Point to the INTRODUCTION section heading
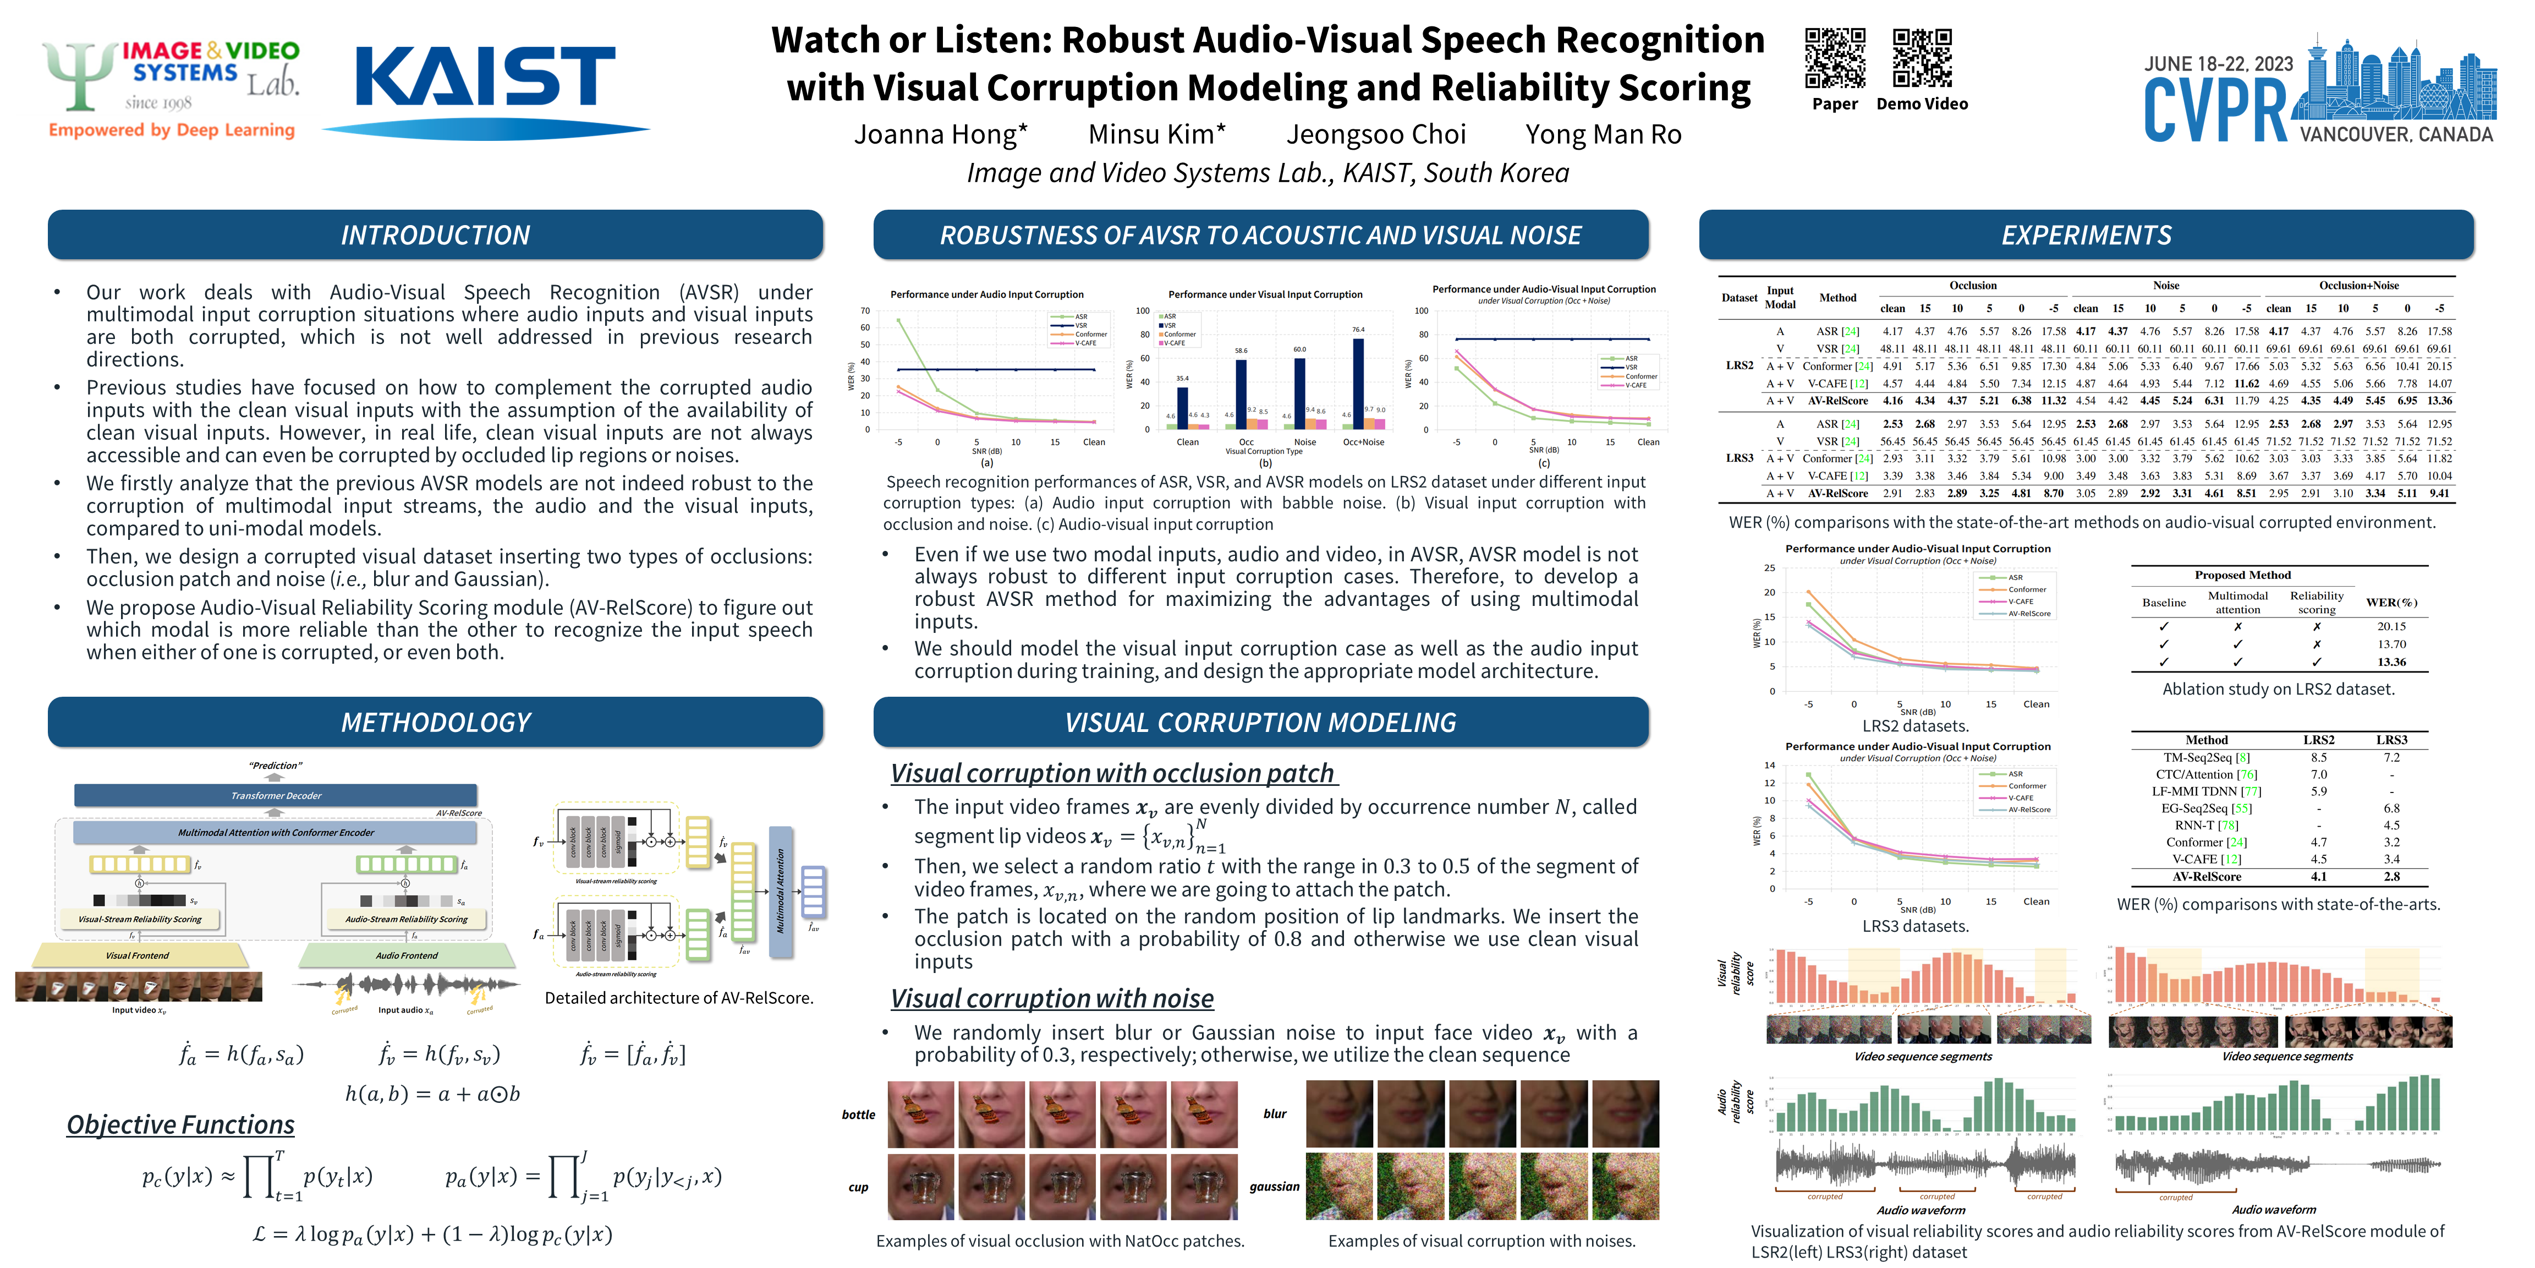point(435,236)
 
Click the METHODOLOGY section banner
point(435,723)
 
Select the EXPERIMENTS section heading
point(2086,236)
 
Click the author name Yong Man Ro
point(1603,135)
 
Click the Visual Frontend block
point(138,955)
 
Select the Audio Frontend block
point(407,955)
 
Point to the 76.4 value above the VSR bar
point(1358,330)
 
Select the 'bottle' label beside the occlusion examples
point(858,1114)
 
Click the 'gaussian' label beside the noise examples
point(1275,1187)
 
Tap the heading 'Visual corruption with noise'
point(1052,998)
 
